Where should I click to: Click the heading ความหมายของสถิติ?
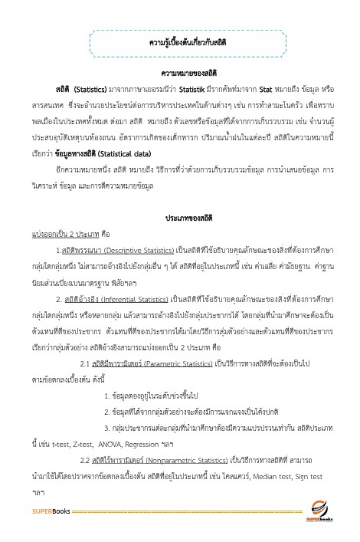pyautogui.click(x=182, y=74)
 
